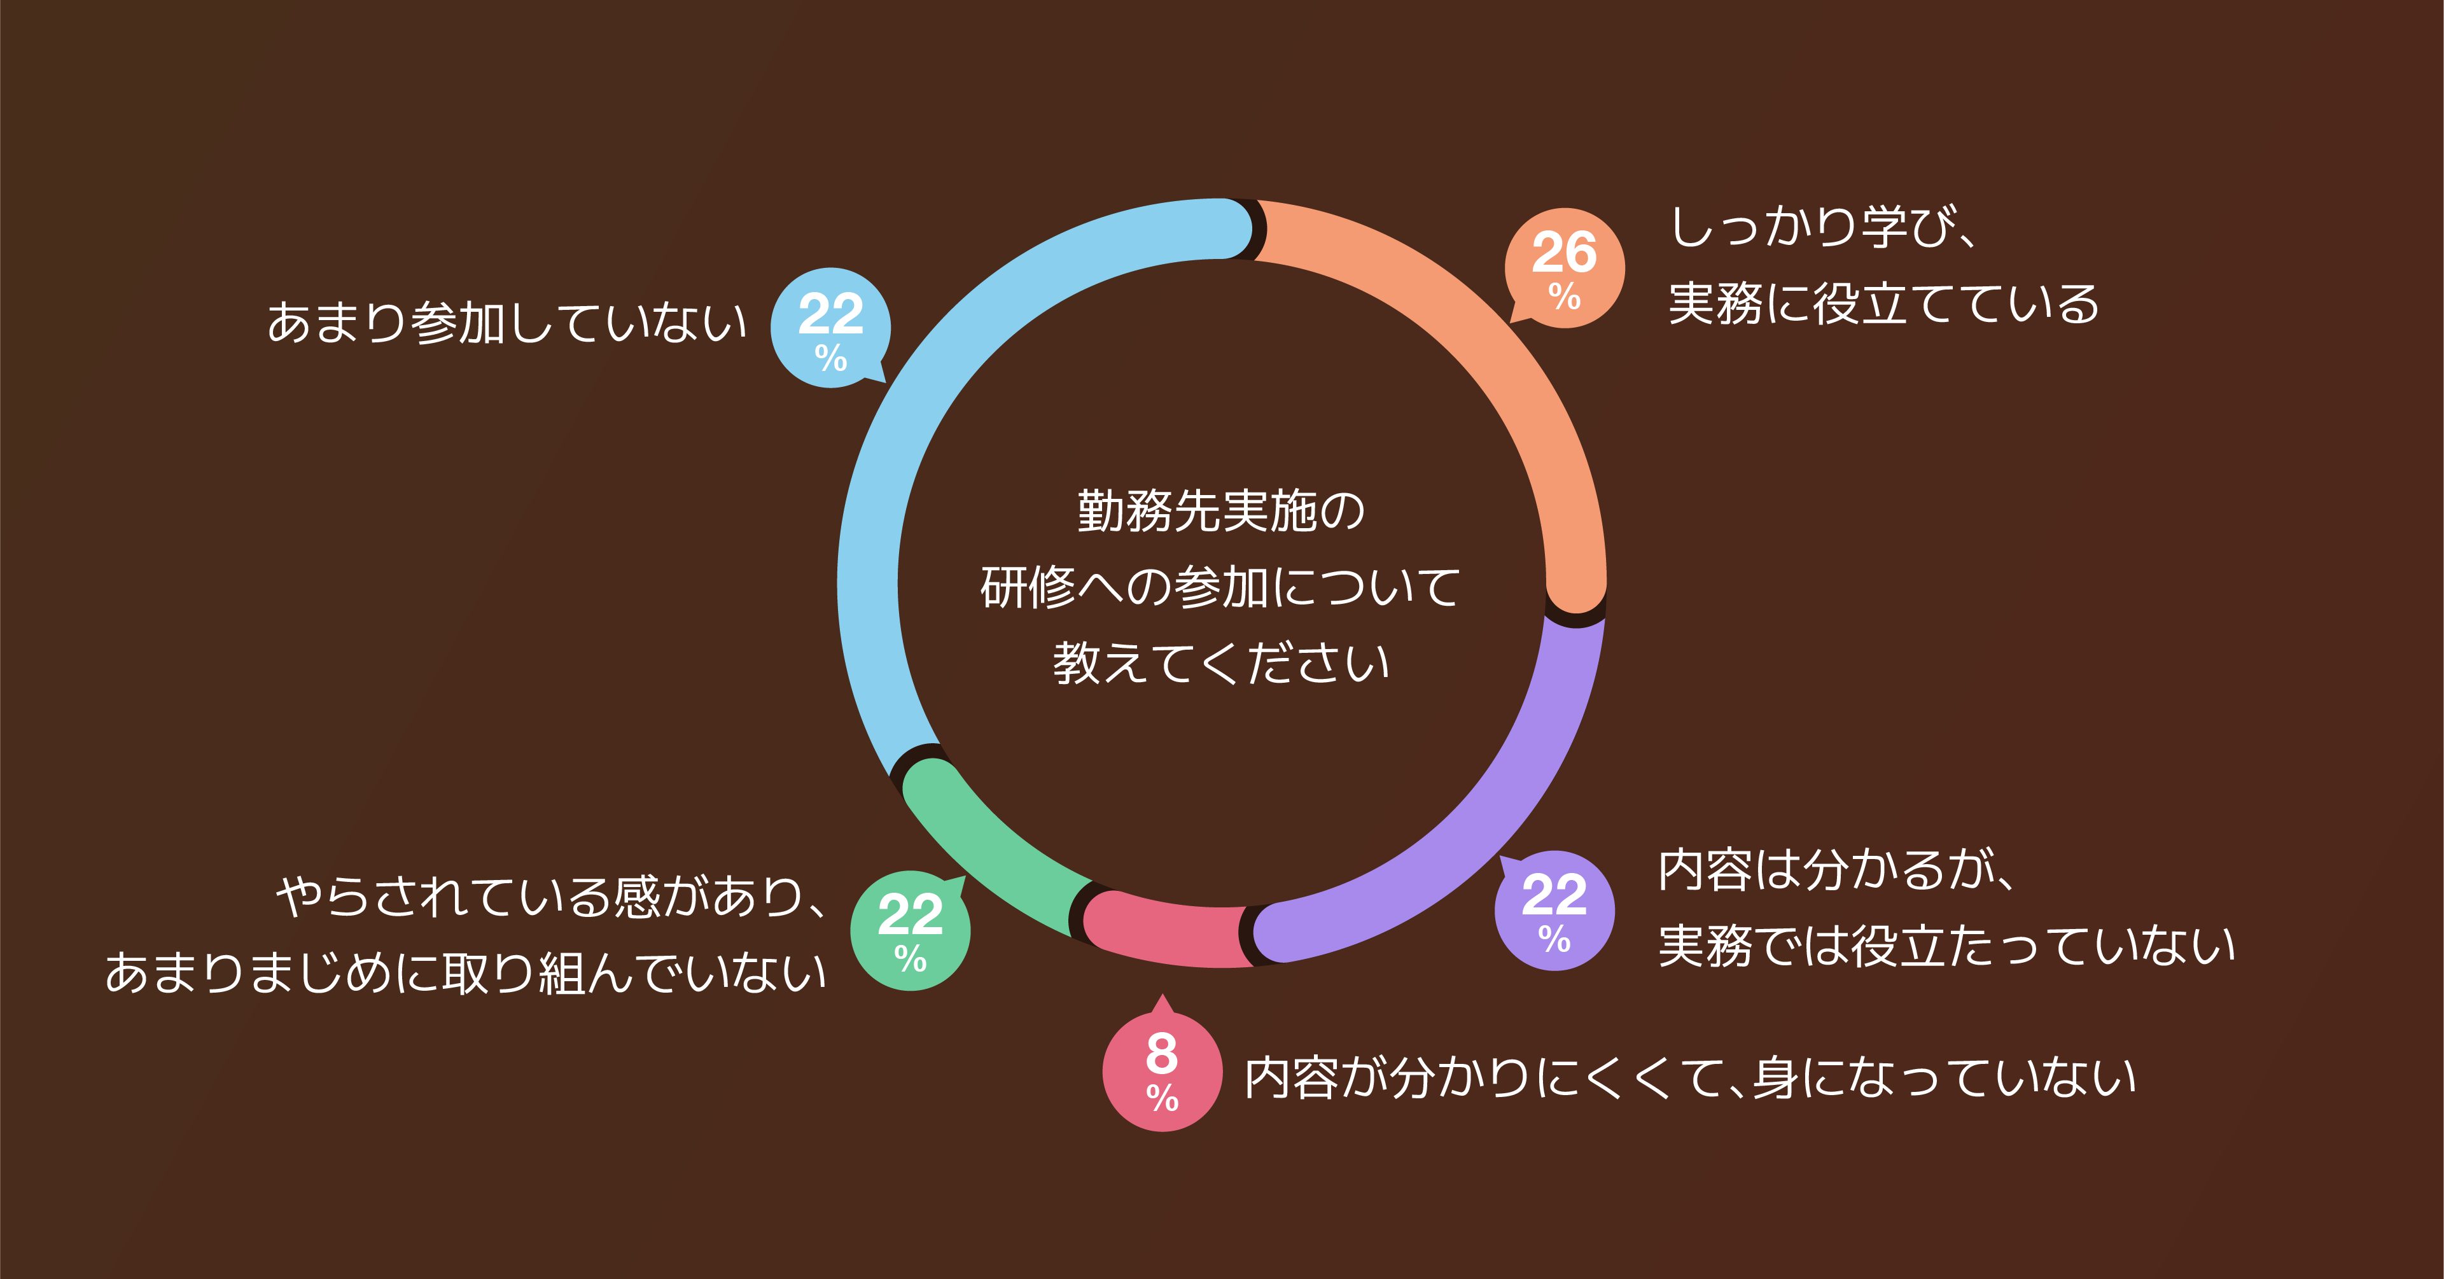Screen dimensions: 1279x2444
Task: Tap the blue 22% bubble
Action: click(830, 327)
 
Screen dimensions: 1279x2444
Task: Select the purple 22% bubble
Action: click(1554, 910)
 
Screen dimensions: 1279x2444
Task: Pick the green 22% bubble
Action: click(910, 930)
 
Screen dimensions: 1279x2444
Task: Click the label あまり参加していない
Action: click(506, 323)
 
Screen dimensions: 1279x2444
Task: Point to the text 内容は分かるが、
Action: click(1836, 870)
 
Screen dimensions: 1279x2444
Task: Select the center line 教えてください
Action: click(1221, 663)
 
